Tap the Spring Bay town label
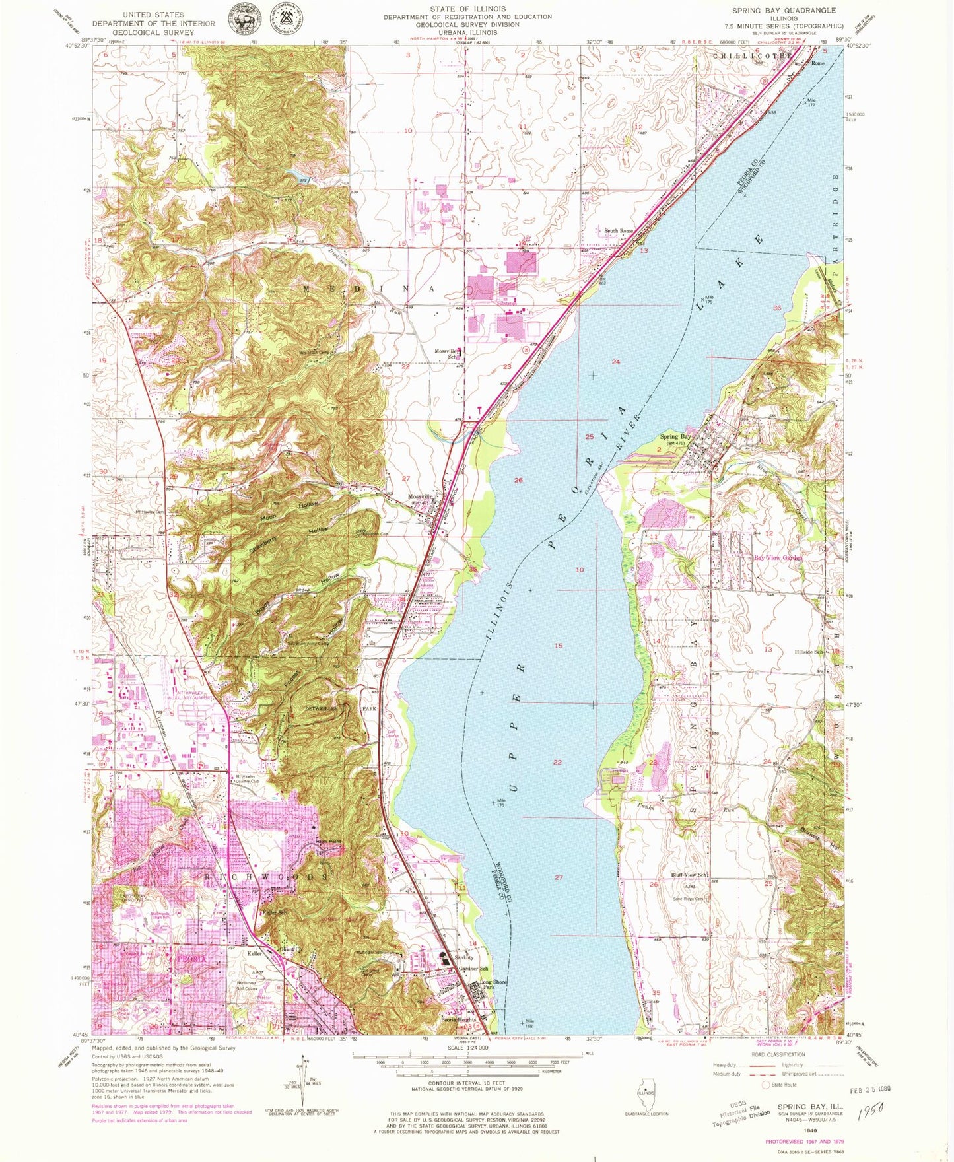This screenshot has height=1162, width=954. (676, 437)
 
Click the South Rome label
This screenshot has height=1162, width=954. (619, 231)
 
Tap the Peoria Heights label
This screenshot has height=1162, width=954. (458, 1021)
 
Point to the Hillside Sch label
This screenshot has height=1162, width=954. (809, 652)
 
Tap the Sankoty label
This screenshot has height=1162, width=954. (464, 957)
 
